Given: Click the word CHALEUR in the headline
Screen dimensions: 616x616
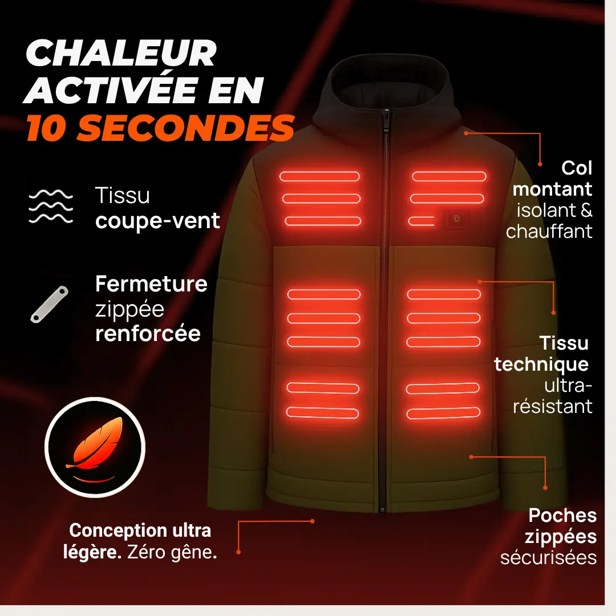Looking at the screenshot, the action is click(121, 53).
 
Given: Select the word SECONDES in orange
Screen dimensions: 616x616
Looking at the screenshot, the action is click(185, 128).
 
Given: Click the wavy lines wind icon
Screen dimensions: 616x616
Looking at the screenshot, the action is click(51, 206).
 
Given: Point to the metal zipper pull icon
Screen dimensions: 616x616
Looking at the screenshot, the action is click(50, 304).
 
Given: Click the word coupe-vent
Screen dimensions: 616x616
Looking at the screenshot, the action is click(157, 221).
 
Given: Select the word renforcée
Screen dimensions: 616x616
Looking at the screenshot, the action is click(148, 334).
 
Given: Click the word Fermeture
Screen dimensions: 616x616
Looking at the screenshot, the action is click(151, 283).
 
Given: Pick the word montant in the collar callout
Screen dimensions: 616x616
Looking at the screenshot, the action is click(552, 189).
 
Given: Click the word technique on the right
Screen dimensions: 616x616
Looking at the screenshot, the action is click(541, 364).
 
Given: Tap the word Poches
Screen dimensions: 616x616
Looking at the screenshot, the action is click(562, 516).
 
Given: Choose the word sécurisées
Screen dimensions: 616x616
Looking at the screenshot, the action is click(549, 558).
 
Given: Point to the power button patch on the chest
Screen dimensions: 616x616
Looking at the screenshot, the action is click(456, 219).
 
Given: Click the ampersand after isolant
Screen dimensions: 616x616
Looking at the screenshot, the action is click(586, 210).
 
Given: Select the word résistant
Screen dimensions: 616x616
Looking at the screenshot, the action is click(552, 407).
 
